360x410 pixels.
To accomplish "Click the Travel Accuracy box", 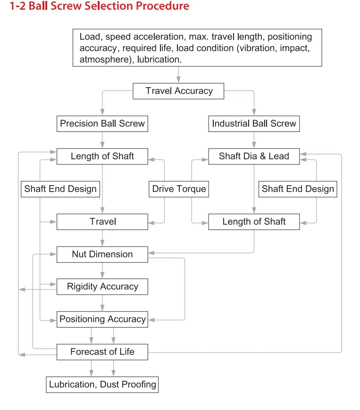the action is coord(178,91).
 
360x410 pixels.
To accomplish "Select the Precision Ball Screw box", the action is coord(102,123).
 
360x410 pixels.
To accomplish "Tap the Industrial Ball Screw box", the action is coord(254,123).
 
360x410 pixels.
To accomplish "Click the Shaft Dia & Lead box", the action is coord(254,156).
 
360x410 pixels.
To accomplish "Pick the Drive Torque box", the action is coord(179,189).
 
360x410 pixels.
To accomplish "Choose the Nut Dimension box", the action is coord(102,254).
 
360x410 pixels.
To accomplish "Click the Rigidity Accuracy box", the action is coord(102,287).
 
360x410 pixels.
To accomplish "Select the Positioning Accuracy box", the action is coord(102,319).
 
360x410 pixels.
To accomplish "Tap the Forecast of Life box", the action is coord(102,352).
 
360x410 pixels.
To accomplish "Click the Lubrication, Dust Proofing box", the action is coord(102,385).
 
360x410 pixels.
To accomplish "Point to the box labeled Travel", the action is coord(102,222).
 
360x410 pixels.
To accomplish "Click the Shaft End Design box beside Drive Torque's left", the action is coord(60,189).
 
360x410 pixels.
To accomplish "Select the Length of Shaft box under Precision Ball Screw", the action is coord(102,156).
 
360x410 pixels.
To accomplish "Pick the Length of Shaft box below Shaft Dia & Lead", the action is coord(254,222).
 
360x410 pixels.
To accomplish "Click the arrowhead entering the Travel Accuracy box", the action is coord(178,80).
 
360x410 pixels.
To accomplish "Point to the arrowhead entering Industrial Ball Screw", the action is coord(254,112).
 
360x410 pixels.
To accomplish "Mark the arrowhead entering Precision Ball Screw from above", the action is coord(102,112).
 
